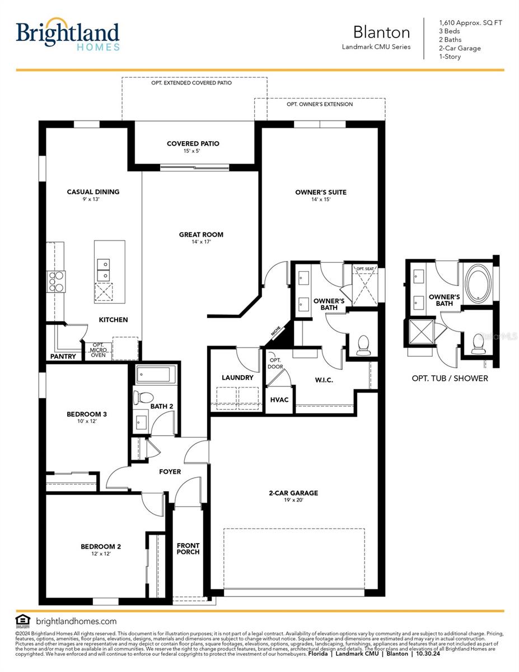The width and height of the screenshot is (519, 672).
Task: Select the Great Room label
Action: click(x=201, y=235)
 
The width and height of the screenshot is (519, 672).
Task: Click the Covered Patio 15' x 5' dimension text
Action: click(x=193, y=151)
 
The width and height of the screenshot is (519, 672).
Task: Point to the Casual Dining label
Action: click(x=93, y=192)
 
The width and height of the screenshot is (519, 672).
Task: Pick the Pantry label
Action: click(x=63, y=356)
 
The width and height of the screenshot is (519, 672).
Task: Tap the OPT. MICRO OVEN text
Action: click(x=98, y=350)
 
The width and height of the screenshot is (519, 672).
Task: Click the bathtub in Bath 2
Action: click(x=156, y=374)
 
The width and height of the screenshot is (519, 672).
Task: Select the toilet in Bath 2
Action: click(x=143, y=398)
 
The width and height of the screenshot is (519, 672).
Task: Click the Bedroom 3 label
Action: click(x=86, y=414)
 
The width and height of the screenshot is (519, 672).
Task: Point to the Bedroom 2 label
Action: click(x=101, y=547)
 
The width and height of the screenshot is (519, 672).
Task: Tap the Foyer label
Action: click(x=170, y=472)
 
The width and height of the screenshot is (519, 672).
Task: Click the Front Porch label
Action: click(x=188, y=549)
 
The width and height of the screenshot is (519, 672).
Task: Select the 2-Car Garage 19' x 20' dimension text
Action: click(x=293, y=501)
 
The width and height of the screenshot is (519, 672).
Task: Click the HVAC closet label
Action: click(x=279, y=400)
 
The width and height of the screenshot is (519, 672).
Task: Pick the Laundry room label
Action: click(x=237, y=377)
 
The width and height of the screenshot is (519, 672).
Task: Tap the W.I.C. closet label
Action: click(x=324, y=380)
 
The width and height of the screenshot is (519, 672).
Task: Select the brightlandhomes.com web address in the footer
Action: click(x=76, y=621)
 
